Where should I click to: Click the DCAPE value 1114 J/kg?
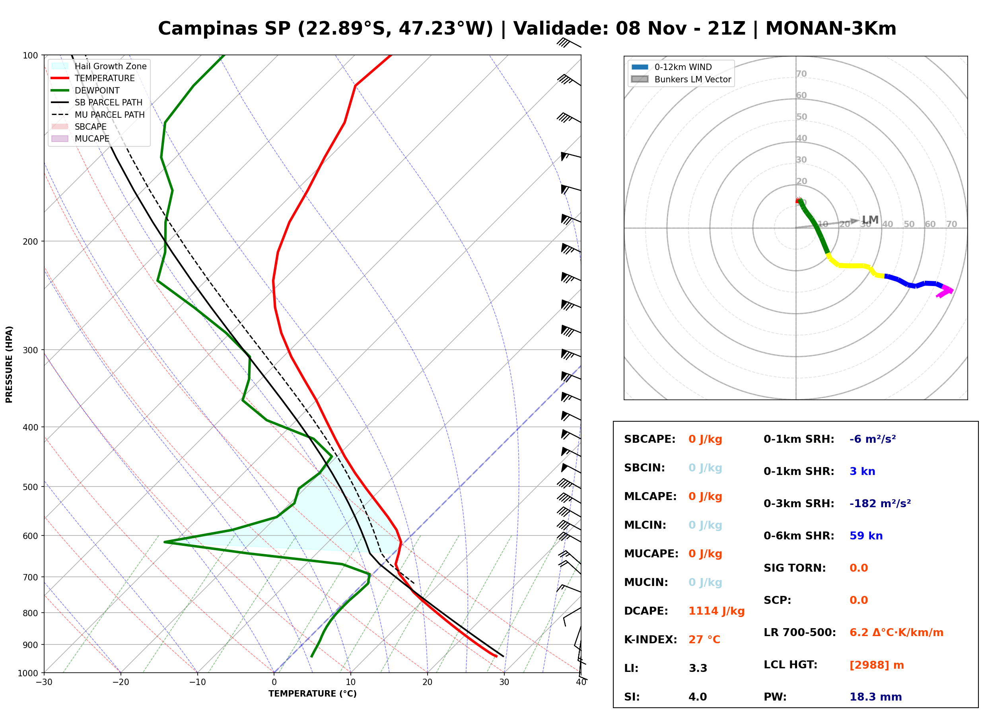click(716, 611)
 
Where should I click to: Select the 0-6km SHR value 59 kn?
click(866, 535)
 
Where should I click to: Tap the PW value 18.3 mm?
click(875, 697)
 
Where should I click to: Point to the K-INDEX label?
click(651, 639)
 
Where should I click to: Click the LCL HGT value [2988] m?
click(877, 665)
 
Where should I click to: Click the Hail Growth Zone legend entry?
click(99, 66)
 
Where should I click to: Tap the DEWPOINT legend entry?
click(86, 90)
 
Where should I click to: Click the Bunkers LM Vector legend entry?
click(681, 79)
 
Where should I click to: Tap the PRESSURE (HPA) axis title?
click(9, 364)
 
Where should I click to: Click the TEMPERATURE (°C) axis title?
click(312, 694)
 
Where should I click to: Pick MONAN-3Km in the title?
click(831, 29)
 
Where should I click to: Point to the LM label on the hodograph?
click(870, 220)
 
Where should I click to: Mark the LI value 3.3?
click(698, 668)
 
